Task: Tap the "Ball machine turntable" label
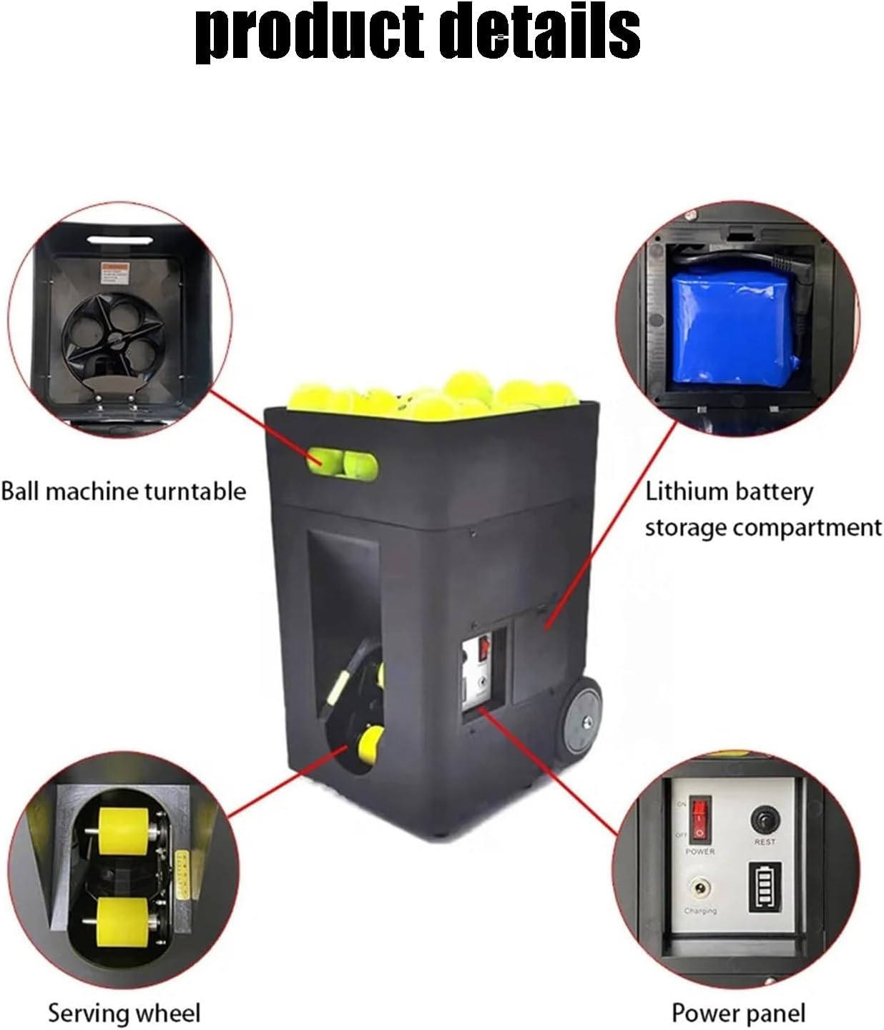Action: (123, 491)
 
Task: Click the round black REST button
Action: (765, 818)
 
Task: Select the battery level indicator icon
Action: (764, 886)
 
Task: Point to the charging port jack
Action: (699, 889)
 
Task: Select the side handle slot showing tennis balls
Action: (343, 462)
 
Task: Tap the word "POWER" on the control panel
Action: (699, 852)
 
